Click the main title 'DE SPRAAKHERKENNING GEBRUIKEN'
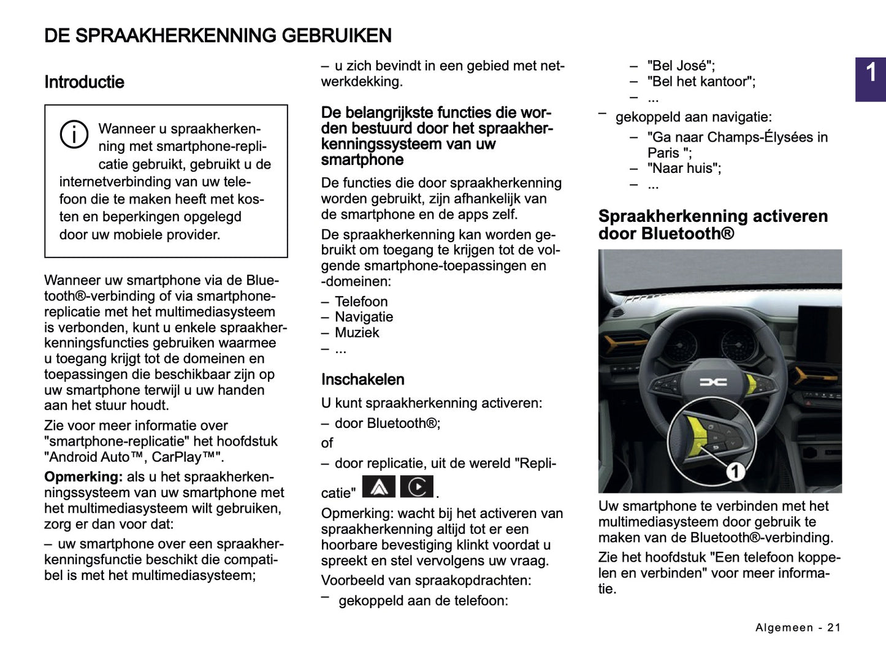218,36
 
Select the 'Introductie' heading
84,82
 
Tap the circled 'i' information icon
74,134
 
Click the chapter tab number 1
871,74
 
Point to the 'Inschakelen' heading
362,379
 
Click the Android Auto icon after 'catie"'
379,487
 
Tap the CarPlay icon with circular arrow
417,487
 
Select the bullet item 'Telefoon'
361,302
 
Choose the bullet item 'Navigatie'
364,317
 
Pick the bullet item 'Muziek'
357,333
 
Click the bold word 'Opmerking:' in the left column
83,477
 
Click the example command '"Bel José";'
681,66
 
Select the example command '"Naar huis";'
684,169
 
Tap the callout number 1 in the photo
735,471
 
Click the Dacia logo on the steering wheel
713,382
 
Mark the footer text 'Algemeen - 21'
798,627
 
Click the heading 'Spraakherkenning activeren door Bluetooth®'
712,224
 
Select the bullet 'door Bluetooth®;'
387,423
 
